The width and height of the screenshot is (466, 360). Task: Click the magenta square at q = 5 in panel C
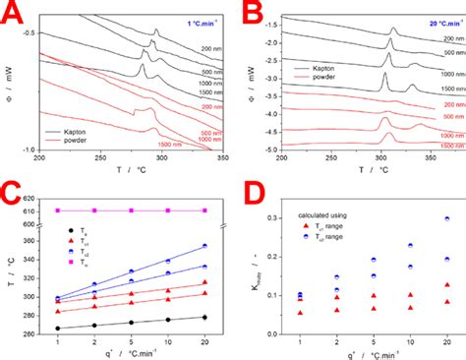pos(131,210)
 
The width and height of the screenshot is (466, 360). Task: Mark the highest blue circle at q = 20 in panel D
pos(447,219)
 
